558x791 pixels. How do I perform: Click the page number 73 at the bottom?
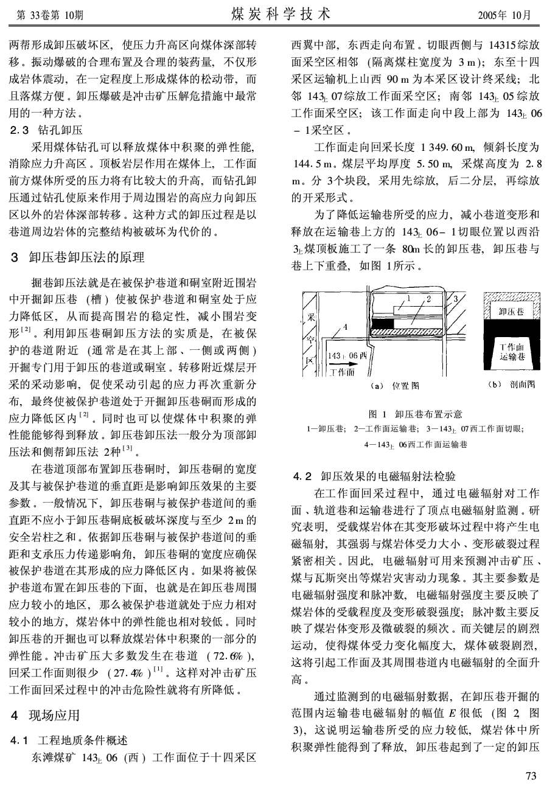tap(531, 775)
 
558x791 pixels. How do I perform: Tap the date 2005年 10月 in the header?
tap(505, 14)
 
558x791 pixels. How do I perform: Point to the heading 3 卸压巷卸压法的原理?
tap(78, 257)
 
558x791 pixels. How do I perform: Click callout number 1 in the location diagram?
tap(409, 298)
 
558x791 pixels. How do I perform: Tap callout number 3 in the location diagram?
tap(454, 298)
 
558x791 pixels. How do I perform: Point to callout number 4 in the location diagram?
tap(345, 327)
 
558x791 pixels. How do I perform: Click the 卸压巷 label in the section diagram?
tap(511, 312)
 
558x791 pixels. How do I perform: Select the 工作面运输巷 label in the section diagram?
tap(512, 351)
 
